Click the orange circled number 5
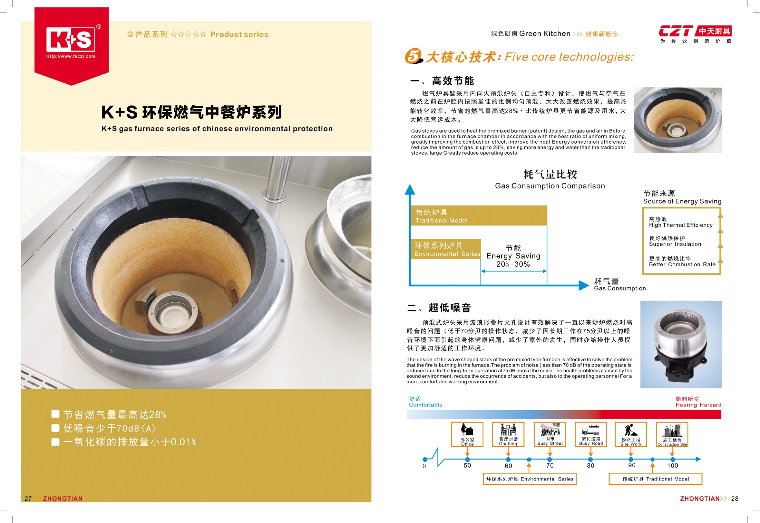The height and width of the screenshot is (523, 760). pyautogui.click(x=414, y=56)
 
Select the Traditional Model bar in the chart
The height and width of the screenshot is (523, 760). pyautogui.click(x=479, y=215)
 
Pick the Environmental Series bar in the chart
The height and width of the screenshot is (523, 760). pyautogui.click(x=445, y=249)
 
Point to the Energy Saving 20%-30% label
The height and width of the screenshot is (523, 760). pyautogui.click(x=513, y=256)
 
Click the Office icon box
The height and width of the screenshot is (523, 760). pyautogui.click(x=467, y=434)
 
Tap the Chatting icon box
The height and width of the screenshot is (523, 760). pyautogui.click(x=508, y=434)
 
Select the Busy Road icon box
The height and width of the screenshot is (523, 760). pyautogui.click(x=590, y=434)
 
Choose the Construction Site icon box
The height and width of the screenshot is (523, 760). pyautogui.click(x=672, y=434)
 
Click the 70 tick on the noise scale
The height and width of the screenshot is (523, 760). pyautogui.click(x=550, y=459)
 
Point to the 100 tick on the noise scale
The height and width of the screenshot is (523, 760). pyautogui.click(x=672, y=459)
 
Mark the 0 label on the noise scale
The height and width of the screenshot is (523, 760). pyautogui.click(x=424, y=466)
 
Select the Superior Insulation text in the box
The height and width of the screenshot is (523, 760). pyautogui.click(x=675, y=244)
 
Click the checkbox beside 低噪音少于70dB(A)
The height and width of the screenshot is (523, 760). pyautogui.click(x=55, y=428)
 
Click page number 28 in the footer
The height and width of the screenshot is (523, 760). pyautogui.click(x=735, y=499)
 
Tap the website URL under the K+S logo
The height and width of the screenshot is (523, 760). pyautogui.click(x=71, y=56)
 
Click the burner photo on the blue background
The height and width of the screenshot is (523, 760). pyautogui.click(x=681, y=344)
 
